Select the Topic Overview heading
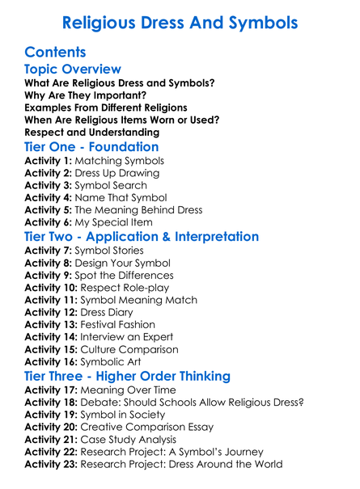(x=73, y=70)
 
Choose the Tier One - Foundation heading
(x=91, y=148)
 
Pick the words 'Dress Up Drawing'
(x=118, y=173)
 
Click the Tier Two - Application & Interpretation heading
(x=142, y=238)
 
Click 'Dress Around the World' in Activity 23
(x=223, y=465)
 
